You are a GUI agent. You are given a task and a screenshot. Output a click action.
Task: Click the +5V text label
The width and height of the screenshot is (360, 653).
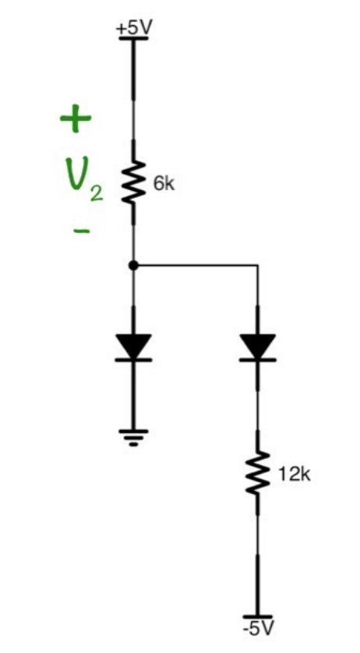[x=134, y=26]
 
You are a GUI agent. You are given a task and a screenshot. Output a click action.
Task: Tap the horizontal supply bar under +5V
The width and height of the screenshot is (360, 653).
[x=134, y=38]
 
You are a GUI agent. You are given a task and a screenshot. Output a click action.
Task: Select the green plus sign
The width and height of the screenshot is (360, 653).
[x=76, y=119]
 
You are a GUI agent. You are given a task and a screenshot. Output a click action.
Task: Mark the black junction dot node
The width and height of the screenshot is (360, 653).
[x=133, y=266]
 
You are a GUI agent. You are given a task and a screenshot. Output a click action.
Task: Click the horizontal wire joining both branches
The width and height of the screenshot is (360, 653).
[x=195, y=266]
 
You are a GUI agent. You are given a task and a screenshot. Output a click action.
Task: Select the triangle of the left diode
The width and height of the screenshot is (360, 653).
[x=133, y=344]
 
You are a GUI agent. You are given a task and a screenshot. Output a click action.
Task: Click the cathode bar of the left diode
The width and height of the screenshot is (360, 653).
[x=133, y=359]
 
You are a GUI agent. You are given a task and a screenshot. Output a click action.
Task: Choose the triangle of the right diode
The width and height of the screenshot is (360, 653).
[x=257, y=344]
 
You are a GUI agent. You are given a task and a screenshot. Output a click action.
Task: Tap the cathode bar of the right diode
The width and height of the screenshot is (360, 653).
[x=257, y=359]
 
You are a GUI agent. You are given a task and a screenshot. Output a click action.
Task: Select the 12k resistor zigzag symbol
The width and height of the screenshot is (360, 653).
[x=257, y=474]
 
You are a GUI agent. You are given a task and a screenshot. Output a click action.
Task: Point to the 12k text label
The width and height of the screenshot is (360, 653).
[x=294, y=474]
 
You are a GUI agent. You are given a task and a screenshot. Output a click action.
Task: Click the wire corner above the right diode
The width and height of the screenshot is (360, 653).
[x=257, y=266]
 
